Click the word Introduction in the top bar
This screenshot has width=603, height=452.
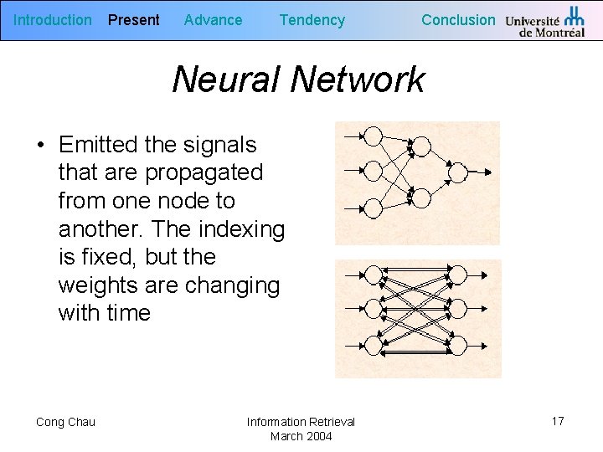[53, 20]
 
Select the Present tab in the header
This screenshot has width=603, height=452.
[134, 20]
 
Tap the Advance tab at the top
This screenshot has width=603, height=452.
[213, 20]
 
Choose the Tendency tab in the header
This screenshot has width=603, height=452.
[312, 20]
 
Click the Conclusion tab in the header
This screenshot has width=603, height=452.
[458, 20]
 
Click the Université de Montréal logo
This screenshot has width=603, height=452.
[545, 22]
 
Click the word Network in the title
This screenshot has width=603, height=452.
[358, 80]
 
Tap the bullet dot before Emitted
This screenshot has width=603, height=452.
[40, 145]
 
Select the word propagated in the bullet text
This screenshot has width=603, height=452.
[204, 172]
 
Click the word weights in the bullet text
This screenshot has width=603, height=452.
[98, 285]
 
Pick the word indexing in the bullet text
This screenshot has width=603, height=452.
[242, 229]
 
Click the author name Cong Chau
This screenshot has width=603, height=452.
[65, 422]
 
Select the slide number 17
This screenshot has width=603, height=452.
[558, 421]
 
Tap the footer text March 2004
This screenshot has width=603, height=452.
[301, 436]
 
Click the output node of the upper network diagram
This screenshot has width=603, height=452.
[457, 172]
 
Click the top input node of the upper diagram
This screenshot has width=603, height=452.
[374, 136]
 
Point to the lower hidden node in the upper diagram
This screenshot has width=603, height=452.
[421, 198]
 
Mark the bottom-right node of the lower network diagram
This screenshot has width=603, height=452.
[457, 343]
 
